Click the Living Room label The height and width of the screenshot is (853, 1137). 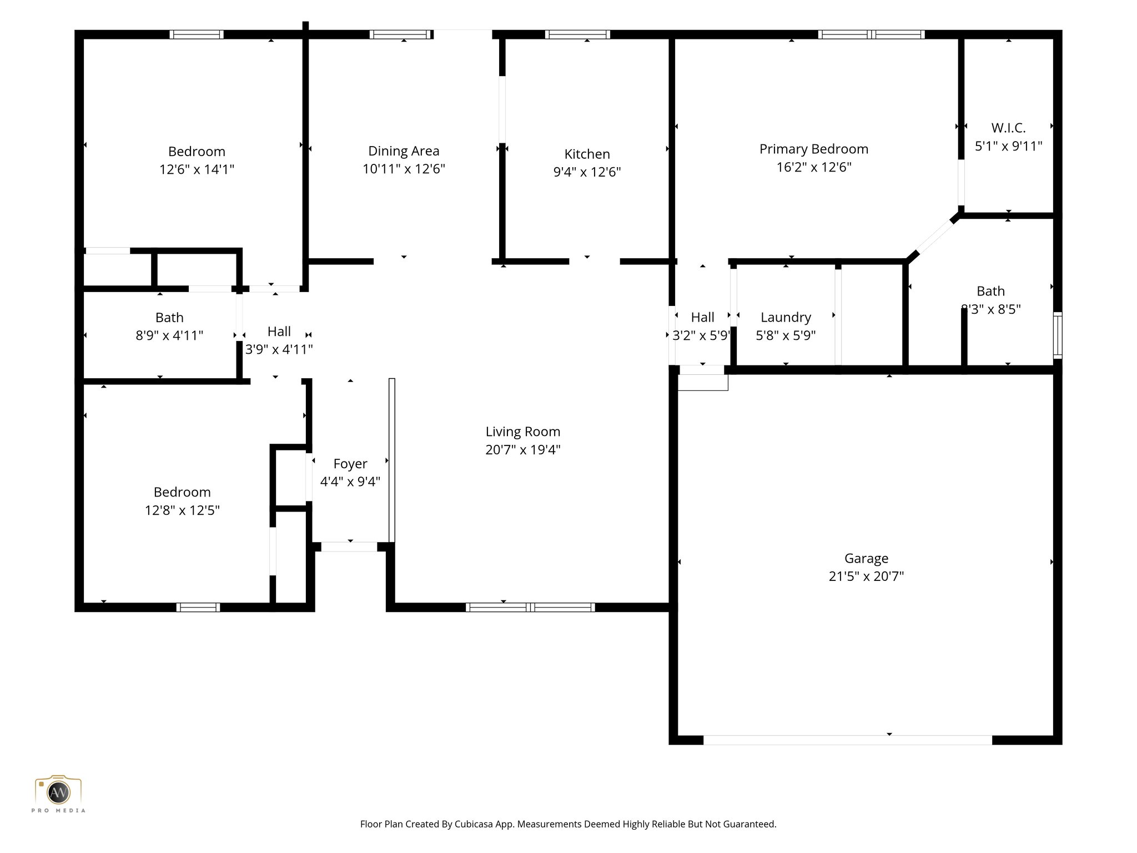point(522,431)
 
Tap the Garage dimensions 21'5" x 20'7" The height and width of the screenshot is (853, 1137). point(866,576)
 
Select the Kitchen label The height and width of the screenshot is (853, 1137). point(587,154)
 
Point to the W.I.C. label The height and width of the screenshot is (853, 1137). point(1008,128)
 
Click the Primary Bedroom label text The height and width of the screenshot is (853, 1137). point(813,149)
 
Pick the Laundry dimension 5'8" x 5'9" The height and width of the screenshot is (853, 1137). point(786,335)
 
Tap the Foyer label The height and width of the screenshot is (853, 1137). point(350,464)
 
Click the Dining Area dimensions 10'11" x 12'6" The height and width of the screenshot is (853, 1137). point(404,169)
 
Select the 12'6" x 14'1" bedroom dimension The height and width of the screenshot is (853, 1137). point(197,169)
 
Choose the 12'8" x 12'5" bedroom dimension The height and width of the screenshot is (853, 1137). point(182,510)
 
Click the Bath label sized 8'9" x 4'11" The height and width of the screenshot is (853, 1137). point(169,318)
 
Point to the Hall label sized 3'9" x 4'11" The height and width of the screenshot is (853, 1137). point(279,332)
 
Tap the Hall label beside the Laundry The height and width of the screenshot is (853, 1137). point(702,317)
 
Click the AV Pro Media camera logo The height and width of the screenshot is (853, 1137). point(58,792)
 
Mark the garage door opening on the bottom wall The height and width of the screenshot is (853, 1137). point(847,740)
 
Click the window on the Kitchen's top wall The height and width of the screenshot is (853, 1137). point(577,34)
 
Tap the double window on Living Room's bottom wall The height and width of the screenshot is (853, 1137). point(530,608)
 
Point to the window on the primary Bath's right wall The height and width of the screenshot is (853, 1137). point(1058,335)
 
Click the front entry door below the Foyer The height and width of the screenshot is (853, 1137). point(349,547)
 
